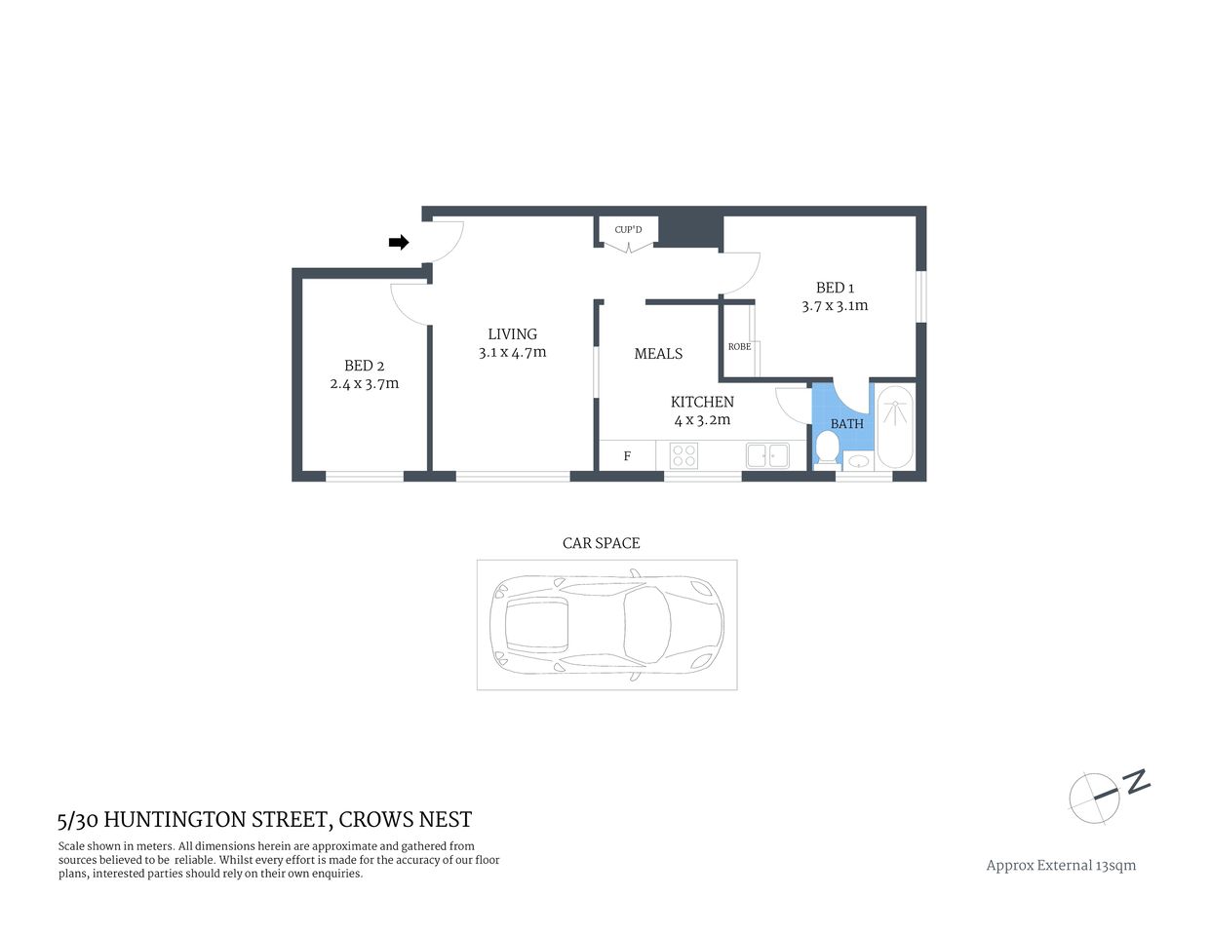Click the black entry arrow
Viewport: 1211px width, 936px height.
coord(398,243)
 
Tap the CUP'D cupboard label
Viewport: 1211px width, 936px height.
coord(628,230)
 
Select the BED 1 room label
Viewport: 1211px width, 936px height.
coord(835,288)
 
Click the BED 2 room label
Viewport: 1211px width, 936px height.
coord(364,366)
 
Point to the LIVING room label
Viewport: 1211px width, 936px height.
coord(512,334)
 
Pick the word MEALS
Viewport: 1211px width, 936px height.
coord(658,354)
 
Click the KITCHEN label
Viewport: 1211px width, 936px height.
coord(702,402)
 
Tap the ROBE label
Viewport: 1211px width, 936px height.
coord(739,347)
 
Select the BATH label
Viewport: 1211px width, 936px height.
coord(846,424)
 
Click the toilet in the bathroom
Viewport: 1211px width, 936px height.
coord(827,448)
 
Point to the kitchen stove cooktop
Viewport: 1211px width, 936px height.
coord(684,455)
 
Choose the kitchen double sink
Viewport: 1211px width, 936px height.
coord(767,455)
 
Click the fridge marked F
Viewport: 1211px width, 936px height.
coord(627,455)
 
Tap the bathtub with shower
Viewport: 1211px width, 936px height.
coord(894,427)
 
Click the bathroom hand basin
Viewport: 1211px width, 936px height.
coord(858,461)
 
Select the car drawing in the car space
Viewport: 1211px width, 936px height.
coord(607,625)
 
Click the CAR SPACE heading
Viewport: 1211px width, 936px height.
coord(601,543)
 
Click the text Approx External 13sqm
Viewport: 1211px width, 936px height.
coord(1061,865)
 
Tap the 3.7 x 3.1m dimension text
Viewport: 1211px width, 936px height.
coord(835,306)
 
